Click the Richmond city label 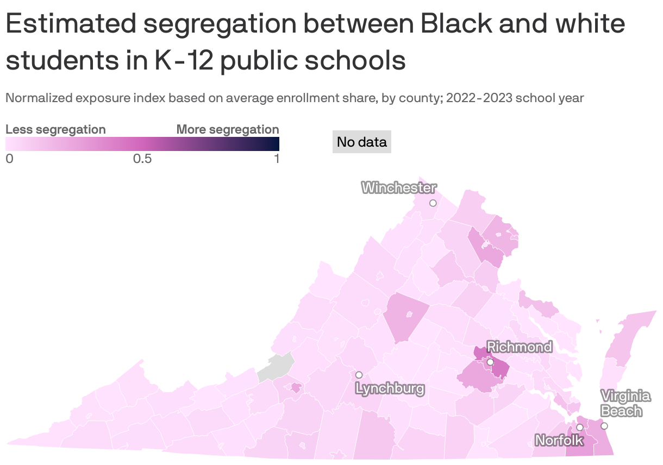pos(519,347)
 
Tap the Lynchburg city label pos(389,388)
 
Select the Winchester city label pos(399,188)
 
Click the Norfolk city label pos(559,440)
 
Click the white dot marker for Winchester pos(433,203)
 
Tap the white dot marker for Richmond pos(490,362)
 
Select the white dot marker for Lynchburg pos(359,375)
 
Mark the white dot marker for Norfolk pos(580,428)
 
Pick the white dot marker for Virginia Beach pos(604,426)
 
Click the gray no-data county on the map pos(275,368)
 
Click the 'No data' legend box pos(361,142)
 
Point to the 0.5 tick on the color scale pos(142,159)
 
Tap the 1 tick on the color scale pos(276,159)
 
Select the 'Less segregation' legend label pos(55,129)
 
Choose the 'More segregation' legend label pos(228,129)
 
